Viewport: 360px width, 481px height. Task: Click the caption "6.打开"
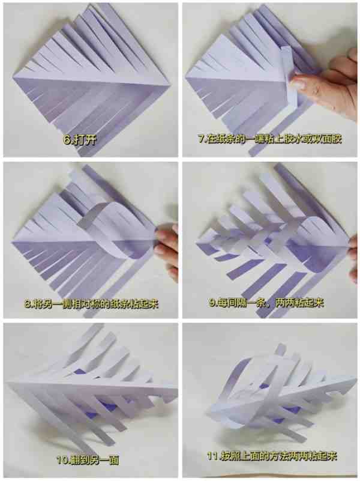80,140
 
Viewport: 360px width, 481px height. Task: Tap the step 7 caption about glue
269,139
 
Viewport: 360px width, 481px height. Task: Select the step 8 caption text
91,304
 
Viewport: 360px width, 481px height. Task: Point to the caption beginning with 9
266,303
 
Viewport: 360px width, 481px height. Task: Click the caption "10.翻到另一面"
88,460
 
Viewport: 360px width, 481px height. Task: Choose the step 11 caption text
272,456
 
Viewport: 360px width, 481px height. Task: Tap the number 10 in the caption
62,460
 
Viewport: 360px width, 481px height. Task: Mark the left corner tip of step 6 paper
13,78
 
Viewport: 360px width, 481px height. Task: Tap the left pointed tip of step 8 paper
11,242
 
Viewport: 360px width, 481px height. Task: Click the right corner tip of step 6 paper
169,86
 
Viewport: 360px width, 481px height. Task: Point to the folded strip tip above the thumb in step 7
286,49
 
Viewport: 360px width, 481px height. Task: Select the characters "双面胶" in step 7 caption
325,139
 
